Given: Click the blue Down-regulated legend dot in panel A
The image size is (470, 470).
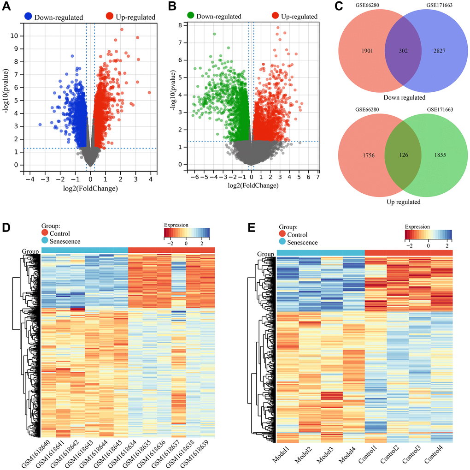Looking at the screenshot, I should pos(29,17).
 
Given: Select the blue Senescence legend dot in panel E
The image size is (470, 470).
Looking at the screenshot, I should pos(282,242).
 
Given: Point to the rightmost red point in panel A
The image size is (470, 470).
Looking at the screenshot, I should pos(149,93).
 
